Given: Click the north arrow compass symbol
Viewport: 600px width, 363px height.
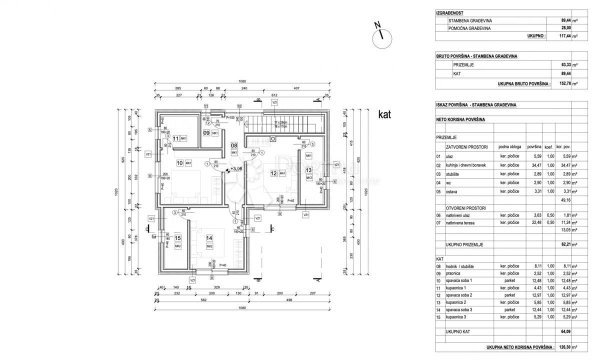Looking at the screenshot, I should click(x=383, y=36).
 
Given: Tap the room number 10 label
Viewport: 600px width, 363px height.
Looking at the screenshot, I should click(x=179, y=163).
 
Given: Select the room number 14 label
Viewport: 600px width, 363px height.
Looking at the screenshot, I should click(x=209, y=238).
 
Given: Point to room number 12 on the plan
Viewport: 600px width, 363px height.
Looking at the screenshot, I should click(x=273, y=173).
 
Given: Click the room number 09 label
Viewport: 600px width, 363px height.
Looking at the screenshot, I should click(x=206, y=133).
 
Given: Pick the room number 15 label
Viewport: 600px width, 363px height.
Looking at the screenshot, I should click(x=177, y=238).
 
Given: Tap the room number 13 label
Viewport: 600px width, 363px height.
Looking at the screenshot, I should click(x=308, y=170).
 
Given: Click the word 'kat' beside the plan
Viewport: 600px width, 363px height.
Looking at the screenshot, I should click(x=384, y=115).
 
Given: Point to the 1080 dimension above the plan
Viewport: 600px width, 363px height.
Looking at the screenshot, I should click(x=242, y=81).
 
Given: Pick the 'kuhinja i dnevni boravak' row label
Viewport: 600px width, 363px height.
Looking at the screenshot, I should click(x=468, y=164).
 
